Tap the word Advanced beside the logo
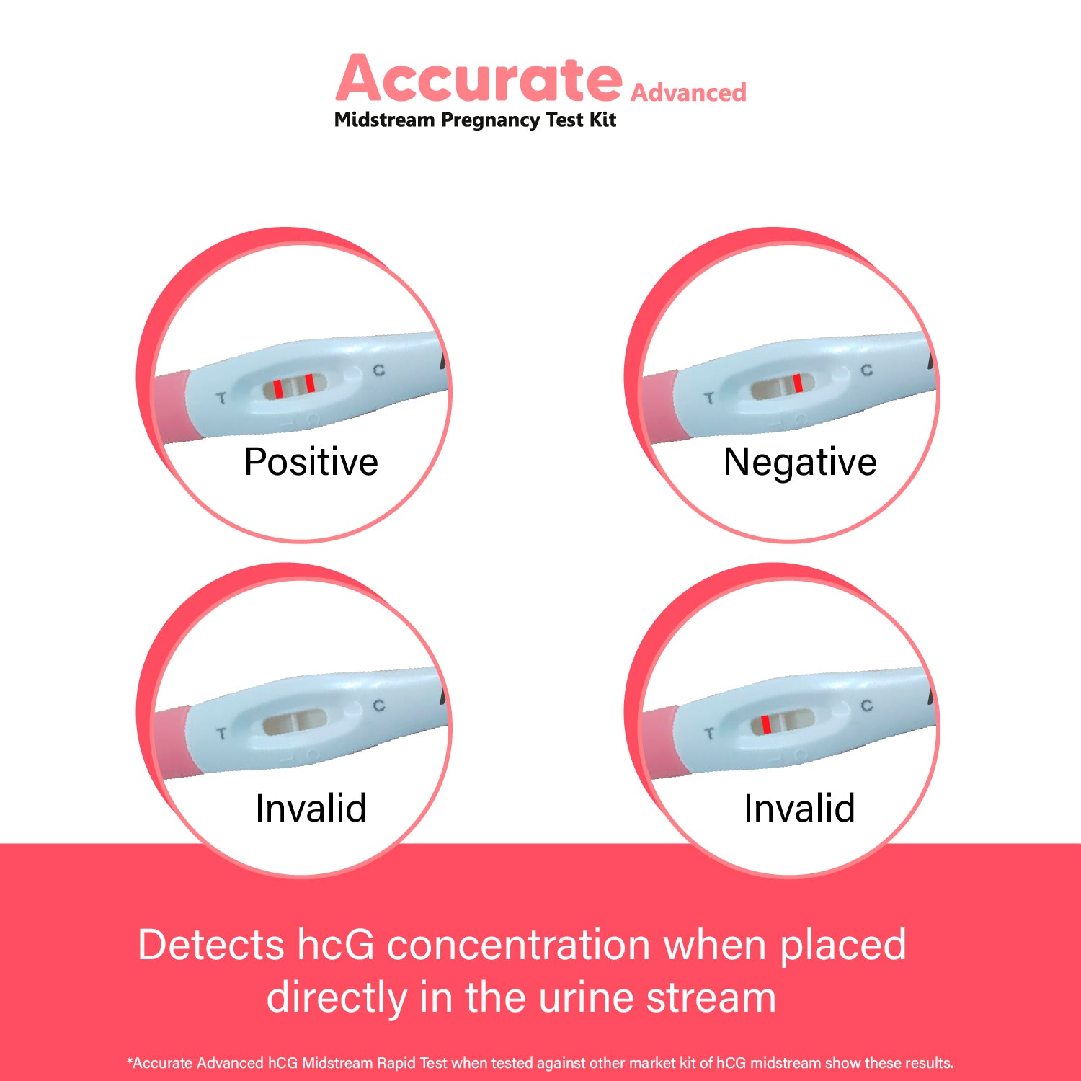point(688,92)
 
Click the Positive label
point(311,461)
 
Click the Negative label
point(800,462)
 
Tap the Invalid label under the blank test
point(311,808)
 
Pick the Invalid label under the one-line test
point(800,808)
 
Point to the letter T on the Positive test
point(221,397)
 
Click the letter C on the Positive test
point(378,370)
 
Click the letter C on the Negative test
point(867,370)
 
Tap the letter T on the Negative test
point(710,397)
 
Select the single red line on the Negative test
point(798,383)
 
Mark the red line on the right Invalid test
point(766,724)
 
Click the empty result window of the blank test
point(295,721)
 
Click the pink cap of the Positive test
point(173,405)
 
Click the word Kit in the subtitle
point(602,120)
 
